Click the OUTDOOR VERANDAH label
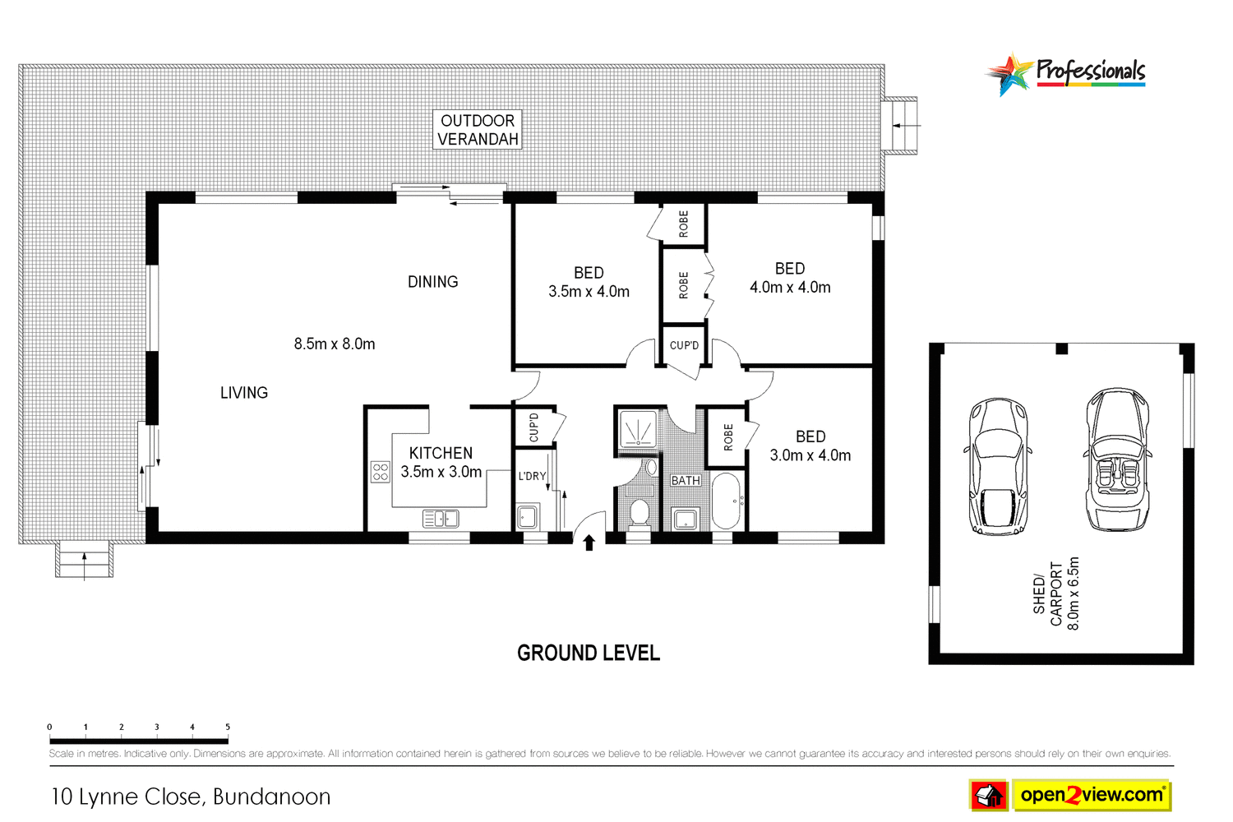(x=478, y=130)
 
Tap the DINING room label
(x=432, y=282)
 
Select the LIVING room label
(x=243, y=393)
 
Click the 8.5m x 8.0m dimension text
(x=335, y=344)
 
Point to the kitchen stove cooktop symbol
(x=380, y=472)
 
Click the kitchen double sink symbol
(x=441, y=518)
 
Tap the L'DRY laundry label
(x=532, y=476)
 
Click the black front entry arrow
(x=589, y=543)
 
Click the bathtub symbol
(x=727, y=500)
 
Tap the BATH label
(x=686, y=481)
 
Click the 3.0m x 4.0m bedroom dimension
(x=810, y=455)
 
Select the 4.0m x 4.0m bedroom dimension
(x=790, y=288)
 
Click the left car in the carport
(x=997, y=466)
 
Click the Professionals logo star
(x=1010, y=75)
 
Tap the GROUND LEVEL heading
(x=589, y=653)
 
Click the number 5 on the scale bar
(x=228, y=727)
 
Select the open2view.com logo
(x=1091, y=795)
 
